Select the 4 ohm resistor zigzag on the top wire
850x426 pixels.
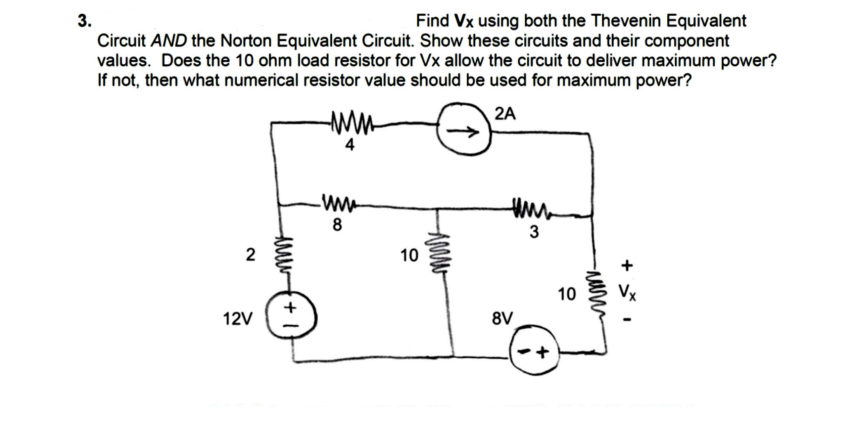click(x=349, y=128)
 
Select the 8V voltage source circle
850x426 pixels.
click(x=530, y=352)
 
